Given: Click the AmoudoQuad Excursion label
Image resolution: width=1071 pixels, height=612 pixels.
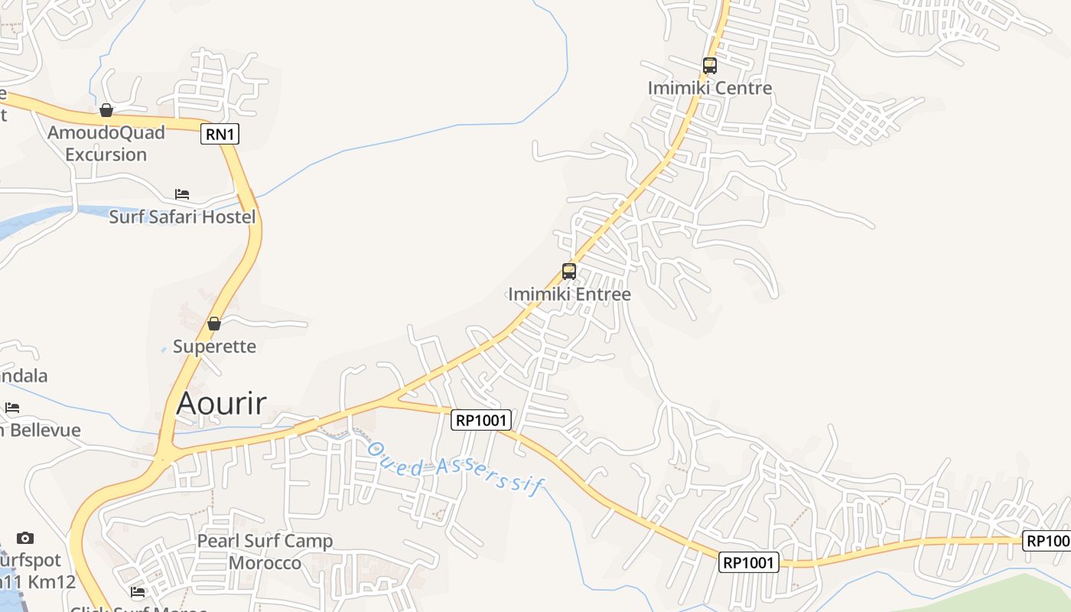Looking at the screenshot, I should click(x=106, y=143).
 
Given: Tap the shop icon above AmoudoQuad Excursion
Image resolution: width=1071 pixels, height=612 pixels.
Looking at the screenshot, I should click(x=106, y=111).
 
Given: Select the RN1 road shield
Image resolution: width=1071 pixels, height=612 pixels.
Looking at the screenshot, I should click(x=220, y=135).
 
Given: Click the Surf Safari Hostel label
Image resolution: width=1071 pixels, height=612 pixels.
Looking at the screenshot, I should click(x=182, y=216).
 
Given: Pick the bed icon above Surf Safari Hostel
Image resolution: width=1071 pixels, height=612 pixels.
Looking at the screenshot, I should click(x=182, y=194).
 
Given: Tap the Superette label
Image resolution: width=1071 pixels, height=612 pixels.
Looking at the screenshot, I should click(x=214, y=346).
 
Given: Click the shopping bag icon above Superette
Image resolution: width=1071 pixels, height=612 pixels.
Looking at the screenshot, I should click(x=214, y=324).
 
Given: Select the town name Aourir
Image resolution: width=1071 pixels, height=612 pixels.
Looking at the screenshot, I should click(x=221, y=403).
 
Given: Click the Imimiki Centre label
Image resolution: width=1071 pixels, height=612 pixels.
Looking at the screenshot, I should click(x=710, y=88).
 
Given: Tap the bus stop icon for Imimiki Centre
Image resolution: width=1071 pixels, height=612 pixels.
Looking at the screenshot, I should click(x=710, y=66).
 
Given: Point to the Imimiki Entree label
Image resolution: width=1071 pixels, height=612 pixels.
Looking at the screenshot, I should click(x=570, y=294).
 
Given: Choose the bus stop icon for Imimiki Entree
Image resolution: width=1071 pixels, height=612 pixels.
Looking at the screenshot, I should click(x=569, y=271).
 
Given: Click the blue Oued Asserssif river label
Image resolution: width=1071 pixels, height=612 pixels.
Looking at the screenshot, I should click(x=454, y=466).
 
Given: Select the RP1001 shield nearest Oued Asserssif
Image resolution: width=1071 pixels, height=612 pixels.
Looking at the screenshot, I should click(x=481, y=419).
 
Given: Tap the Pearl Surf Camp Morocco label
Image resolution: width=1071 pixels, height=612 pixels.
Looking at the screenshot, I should click(x=265, y=552).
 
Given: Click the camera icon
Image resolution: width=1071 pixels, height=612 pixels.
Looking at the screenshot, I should click(x=25, y=538).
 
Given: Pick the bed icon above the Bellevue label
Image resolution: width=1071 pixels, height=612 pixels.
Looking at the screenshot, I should click(x=12, y=408).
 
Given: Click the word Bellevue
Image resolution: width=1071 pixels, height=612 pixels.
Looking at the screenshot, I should click(x=46, y=430).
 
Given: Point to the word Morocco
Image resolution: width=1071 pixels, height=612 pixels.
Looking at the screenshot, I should click(x=265, y=563).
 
